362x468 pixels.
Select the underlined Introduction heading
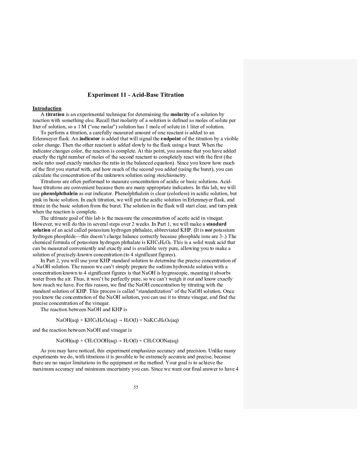[x=47, y=108]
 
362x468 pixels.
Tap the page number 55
[x=136, y=387]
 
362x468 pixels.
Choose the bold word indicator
[x=90, y=139]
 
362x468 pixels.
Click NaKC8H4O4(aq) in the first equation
[x=161, y=320]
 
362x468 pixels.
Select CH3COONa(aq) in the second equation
[x=161, y=341]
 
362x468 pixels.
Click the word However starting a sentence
[x=43, y=224]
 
